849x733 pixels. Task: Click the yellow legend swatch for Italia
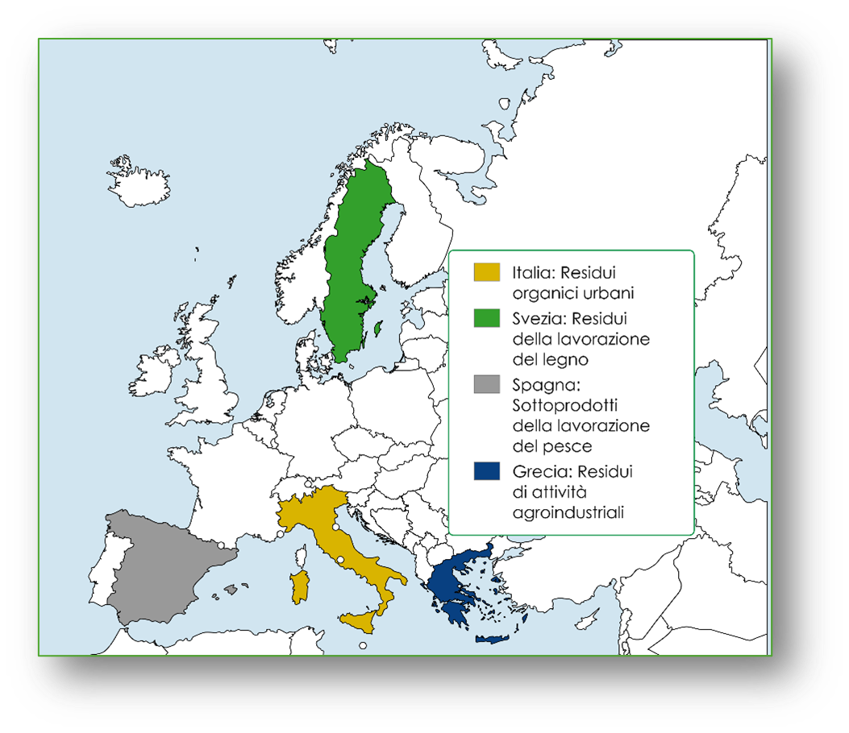point(487,272)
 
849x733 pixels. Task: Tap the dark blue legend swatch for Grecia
point(487,470)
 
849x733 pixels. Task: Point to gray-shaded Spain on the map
point(161,564)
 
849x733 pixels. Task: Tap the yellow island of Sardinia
point(299,587)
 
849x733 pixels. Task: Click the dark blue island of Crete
point(492,639)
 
